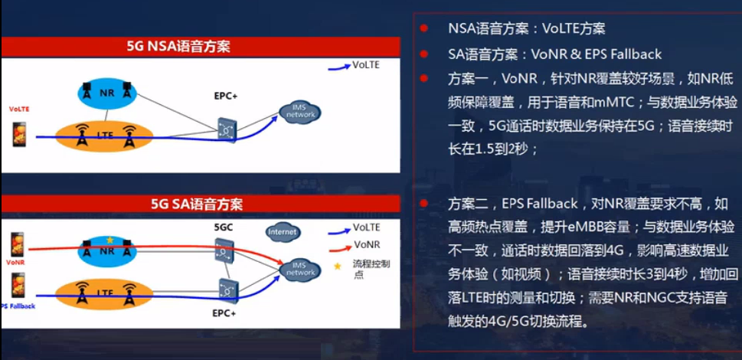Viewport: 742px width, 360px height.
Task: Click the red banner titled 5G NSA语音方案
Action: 200,47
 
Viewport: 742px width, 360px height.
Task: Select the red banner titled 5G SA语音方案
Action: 200,204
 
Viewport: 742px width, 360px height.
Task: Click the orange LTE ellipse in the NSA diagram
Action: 106,136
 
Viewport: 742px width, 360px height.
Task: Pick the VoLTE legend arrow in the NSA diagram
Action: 338,67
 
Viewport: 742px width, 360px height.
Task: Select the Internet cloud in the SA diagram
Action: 283,231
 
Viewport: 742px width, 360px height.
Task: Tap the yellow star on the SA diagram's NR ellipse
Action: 109,241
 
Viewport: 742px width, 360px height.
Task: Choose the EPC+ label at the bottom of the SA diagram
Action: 224,313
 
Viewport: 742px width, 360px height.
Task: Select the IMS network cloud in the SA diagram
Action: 299,268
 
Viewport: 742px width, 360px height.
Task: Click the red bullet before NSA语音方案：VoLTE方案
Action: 423,28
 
